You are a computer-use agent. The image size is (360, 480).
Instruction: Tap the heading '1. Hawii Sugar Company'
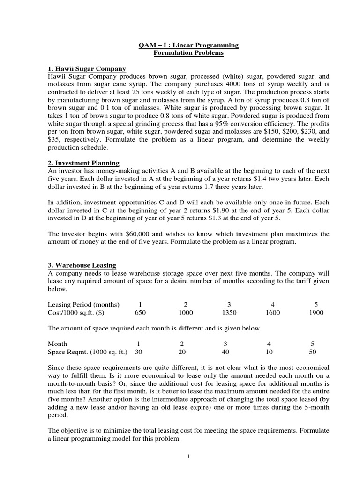point(87,69)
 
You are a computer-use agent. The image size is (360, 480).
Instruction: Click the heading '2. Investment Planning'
point(84,163)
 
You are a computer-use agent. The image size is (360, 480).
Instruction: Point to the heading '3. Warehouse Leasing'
point(82,265)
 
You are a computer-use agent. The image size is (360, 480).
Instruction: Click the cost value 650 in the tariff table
point(141,313)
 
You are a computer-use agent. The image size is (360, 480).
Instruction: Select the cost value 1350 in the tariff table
point(226,313)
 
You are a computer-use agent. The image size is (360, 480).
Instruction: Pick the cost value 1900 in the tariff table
point(316,313)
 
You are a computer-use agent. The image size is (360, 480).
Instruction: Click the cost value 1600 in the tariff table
point(272,313)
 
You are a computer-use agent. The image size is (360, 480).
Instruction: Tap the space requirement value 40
point(226,351)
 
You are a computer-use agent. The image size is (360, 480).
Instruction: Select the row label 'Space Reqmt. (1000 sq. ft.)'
point(89,351)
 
